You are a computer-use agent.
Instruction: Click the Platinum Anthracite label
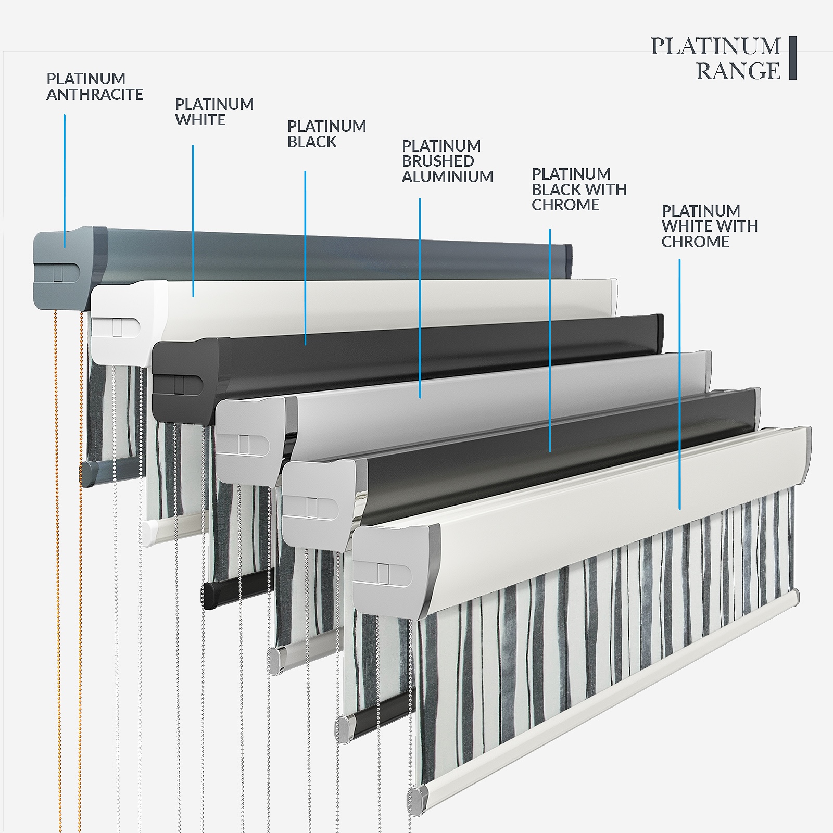coord(95,86)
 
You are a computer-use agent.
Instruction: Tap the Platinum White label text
coord(214,112)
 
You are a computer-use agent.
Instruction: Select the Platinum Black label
coord(326,134)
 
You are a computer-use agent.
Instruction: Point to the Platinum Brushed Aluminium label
coord(447,161)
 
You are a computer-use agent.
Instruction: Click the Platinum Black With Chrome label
coord(578,190)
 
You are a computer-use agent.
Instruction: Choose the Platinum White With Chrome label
coord(709,226)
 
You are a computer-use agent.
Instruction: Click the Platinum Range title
coord(716,58)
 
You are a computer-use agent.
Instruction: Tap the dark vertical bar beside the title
coord(792,58)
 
